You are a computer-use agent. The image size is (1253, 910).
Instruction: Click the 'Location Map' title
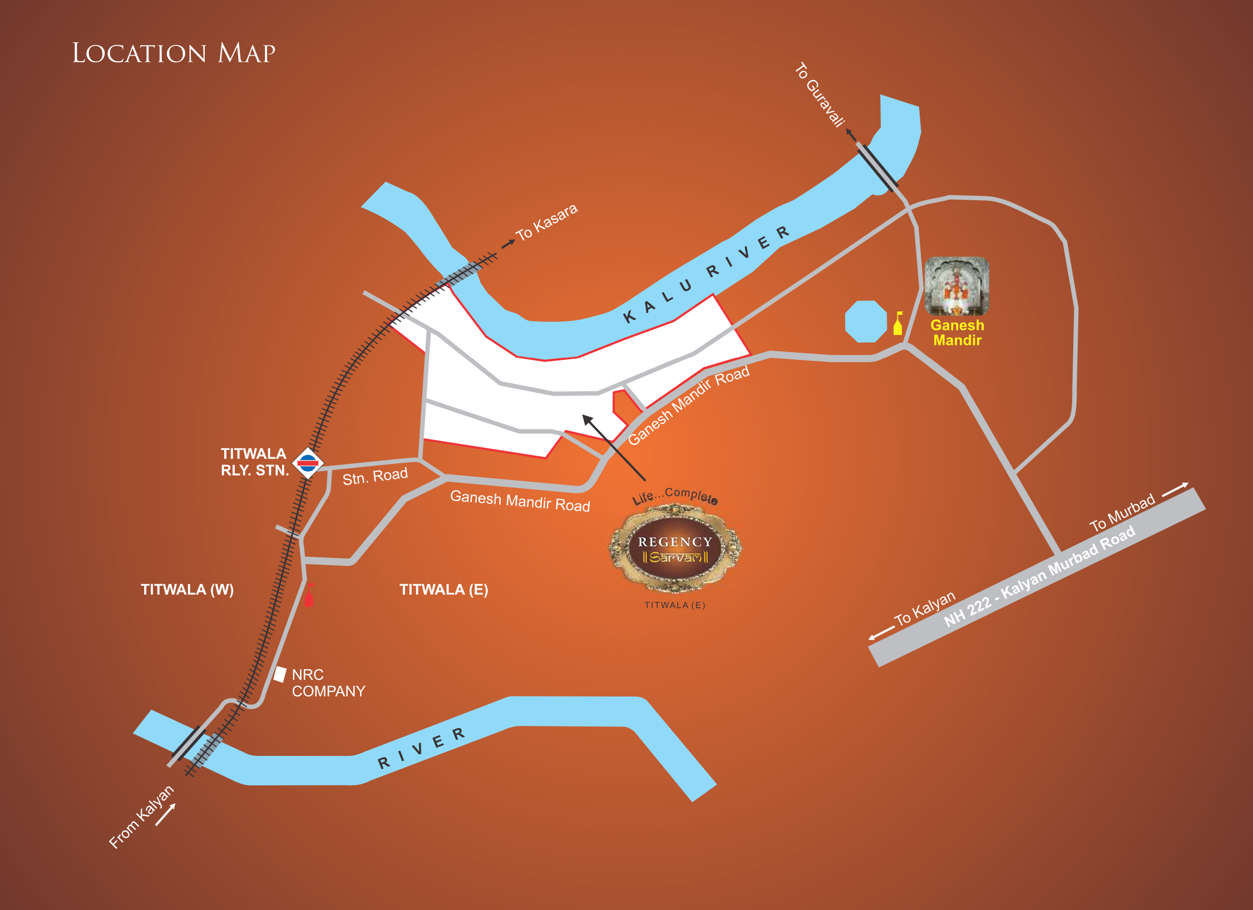pos(174,53)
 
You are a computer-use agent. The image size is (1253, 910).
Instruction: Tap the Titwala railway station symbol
pos(308,462)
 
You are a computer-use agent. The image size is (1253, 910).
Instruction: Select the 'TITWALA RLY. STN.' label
pos(254,462)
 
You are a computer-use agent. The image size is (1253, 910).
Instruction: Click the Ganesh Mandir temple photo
pos(956,286)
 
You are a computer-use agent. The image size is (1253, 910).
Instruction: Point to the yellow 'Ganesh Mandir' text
pos(957,333)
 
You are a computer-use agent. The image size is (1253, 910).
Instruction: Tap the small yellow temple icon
pos(897,324)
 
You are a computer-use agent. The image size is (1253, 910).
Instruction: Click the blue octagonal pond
pos(865,322)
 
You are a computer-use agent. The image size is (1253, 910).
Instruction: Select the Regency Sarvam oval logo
pos(675,548)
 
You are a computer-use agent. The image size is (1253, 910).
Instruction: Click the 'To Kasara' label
pos(546,222)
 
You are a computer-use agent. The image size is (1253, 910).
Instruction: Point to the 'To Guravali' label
pos(820,95)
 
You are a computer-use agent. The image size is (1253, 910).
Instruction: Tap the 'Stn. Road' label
pos(375,476)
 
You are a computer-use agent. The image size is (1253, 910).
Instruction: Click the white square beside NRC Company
pos(280,674)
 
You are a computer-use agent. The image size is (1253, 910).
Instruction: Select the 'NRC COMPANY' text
pos(328,683)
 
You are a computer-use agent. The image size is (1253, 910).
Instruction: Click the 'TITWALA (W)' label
pos(187,590)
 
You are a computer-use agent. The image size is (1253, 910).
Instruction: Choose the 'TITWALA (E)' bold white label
pos(443,590)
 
